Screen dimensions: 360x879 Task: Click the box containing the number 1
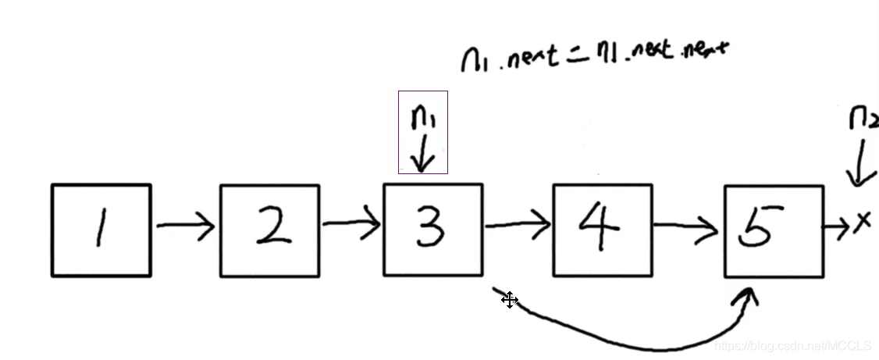pos(101,230)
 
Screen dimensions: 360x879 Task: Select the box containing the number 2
pos(269,230)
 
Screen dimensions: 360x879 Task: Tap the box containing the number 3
pos(432,230)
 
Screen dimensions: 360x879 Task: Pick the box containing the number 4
pos(602,230)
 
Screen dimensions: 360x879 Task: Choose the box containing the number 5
pos(773,231)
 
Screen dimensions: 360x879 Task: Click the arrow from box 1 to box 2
pos(185,226)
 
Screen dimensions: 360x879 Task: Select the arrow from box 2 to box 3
pos(351,226)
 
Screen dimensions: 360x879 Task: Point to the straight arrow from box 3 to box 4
pos(518,226)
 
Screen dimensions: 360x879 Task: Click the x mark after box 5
pos(862,224)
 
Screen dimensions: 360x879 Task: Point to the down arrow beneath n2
pos(859,164)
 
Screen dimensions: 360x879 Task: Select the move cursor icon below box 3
pos(510,300)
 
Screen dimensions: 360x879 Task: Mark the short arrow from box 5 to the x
pos(838,228)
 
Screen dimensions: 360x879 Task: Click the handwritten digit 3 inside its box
pos(430,227)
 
